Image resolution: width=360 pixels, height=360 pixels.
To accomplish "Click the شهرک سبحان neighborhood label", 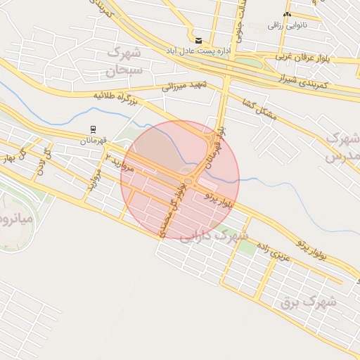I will pyautogui.click(x=124, y=61).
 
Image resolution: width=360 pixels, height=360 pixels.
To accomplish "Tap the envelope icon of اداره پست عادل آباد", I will pyautogui.click(x=199, y=41).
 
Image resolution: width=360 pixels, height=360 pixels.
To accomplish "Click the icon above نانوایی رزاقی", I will pyautogui.click(x=286, y=14).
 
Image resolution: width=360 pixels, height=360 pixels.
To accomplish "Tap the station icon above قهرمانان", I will pyautogui.click(x=93, y=129).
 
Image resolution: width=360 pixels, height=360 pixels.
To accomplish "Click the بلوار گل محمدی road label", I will pyautogui.click(x=174, y=209).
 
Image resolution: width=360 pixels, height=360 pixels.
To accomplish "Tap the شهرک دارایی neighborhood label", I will pyautogui.click(x=214, y=236).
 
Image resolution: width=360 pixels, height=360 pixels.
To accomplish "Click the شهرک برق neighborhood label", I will pyautogui.click(x=309, y=302).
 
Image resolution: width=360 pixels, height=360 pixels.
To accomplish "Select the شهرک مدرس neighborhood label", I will pyautogui.click(x=343, y=147).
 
